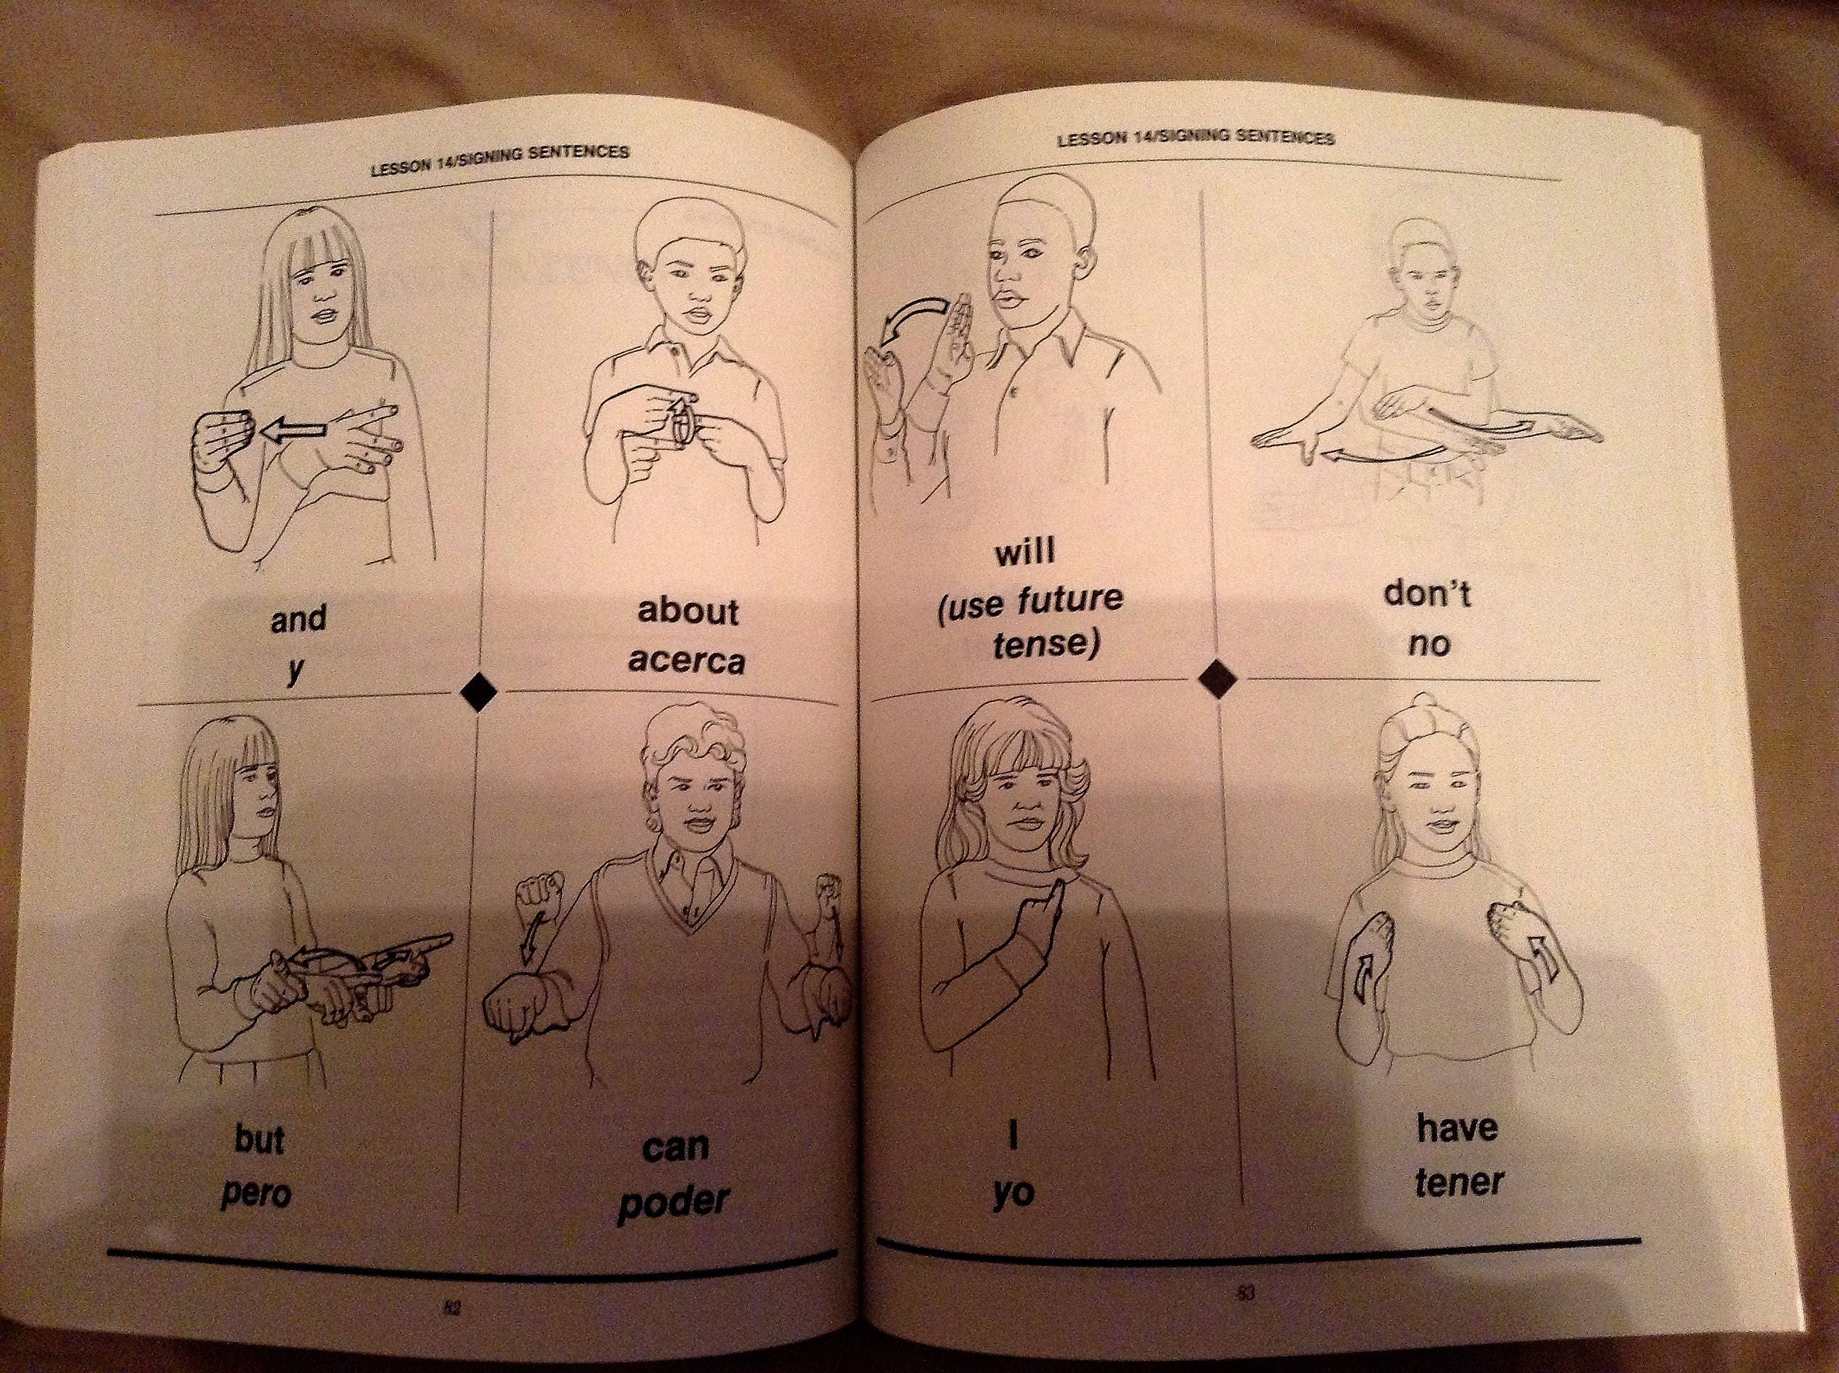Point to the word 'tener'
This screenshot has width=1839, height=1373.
coord(1459,1182)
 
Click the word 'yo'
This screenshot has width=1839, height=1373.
coord(1013,1193)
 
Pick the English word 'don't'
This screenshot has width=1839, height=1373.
coord(1427,596)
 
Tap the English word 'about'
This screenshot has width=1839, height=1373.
coord(688,612)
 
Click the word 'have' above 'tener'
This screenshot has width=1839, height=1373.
coord(1457,1128)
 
